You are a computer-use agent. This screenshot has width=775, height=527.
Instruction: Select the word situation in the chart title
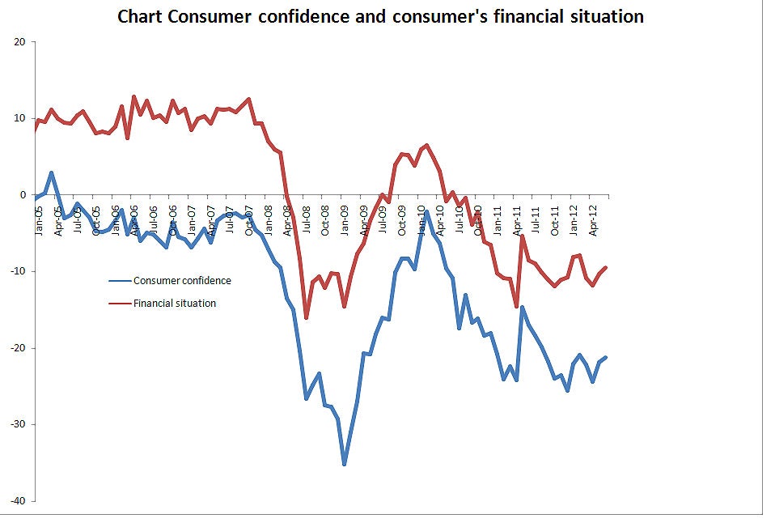click(x=607, y=16)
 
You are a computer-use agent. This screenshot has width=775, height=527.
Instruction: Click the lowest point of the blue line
click(x=345, y=464)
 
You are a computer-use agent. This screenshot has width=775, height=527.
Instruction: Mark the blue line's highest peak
click(x=52, y=172)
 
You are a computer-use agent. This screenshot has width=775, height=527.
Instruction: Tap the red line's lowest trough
click(x=307, y=317)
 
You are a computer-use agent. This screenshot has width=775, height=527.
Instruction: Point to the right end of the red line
click(x=606, y=267)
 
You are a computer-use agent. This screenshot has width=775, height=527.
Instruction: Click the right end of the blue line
click(x=606, y=357)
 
